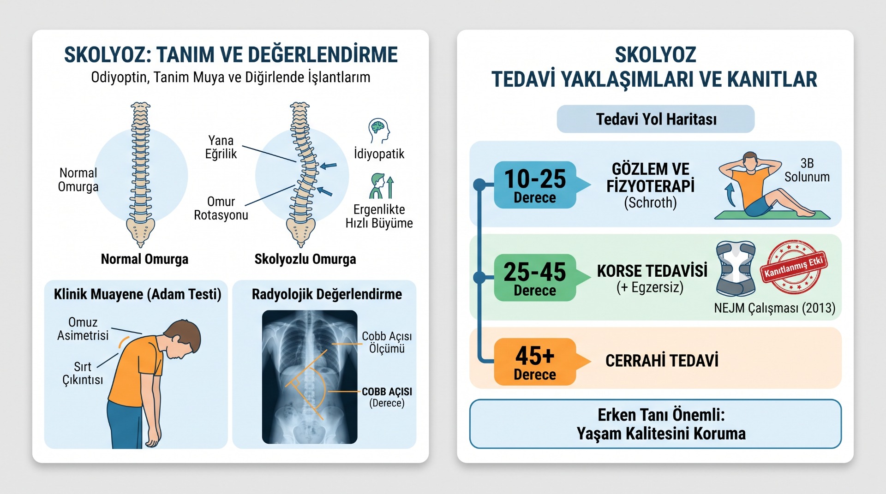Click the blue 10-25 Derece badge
(535, 185)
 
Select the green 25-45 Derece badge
(535, 278)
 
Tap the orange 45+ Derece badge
(535, 362)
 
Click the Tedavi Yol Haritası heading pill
(656, 119)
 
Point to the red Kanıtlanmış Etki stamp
(794, 267)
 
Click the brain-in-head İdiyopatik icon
(379, 131)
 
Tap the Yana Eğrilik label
(221, 147)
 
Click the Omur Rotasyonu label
(221, 208)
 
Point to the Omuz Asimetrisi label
(83, 328)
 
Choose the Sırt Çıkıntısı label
(83, 373)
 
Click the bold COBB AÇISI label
(387, 392)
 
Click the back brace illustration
(736, 268)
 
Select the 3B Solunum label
(807, 170)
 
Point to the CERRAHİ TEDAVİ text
(662, 361)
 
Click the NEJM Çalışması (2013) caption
(775, 308)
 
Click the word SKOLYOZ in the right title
(655, 55)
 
